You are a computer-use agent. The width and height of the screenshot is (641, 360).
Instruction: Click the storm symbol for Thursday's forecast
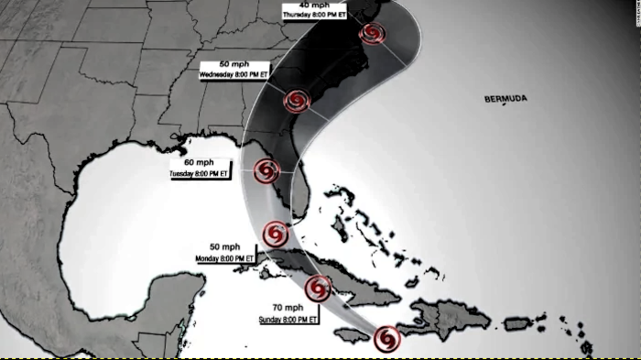(x=372, y=36)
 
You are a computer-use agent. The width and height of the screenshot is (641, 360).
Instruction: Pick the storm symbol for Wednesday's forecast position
(x=297, y=101)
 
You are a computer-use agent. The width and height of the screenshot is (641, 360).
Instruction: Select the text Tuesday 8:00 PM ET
(x=201, y=171)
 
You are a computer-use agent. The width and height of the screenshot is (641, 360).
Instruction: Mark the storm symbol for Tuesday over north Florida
(x=266, y=170)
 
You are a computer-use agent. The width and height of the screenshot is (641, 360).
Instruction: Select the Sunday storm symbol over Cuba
(x=318, y=289)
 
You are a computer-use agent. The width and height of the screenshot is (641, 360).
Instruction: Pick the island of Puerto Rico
(x=517, y=322)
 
